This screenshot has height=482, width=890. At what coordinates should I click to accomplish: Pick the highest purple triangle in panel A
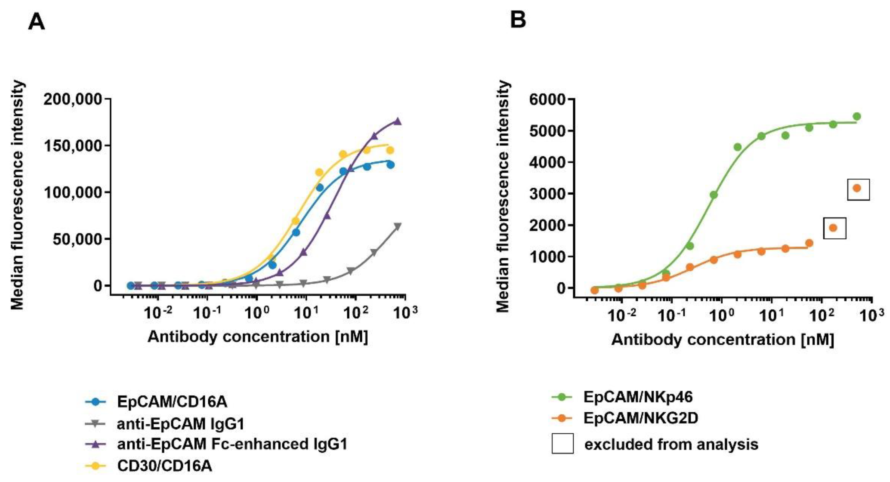[398, 121]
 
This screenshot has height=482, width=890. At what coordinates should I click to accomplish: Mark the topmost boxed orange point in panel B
[857, 188]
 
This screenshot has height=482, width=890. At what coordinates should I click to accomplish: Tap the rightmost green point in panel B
[857, 117]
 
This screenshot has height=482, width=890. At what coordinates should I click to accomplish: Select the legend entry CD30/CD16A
[164, 466]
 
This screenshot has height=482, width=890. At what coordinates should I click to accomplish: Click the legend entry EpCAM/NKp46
[638, 397]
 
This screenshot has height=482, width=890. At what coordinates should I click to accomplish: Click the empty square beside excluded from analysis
[562, 443]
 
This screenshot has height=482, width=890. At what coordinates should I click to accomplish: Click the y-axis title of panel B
[503, 197]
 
